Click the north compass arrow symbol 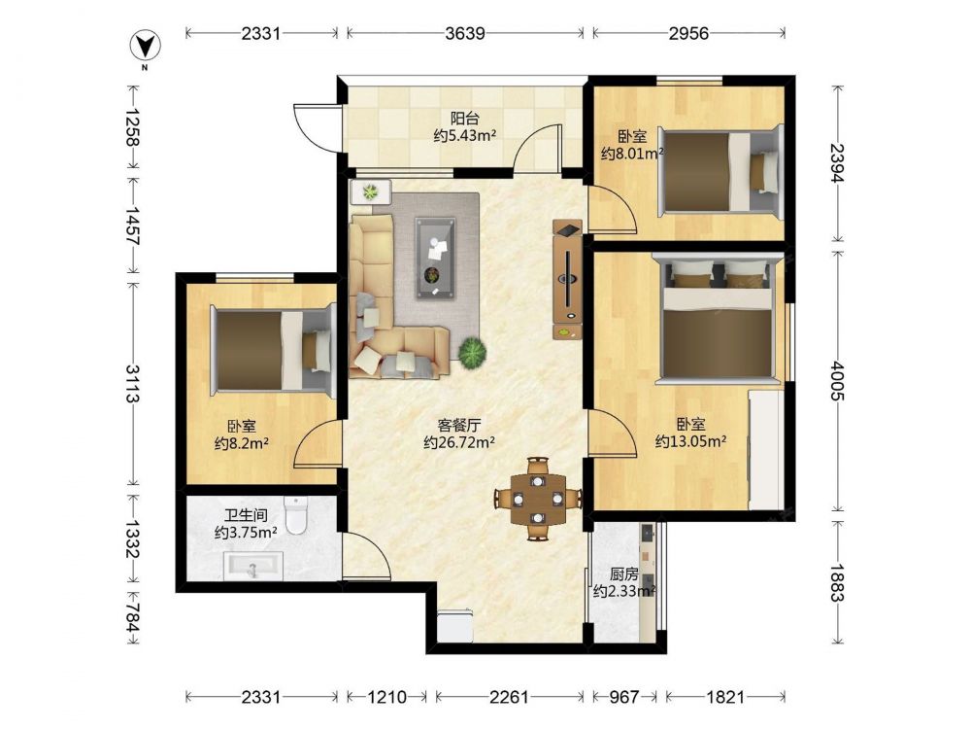tap(145, 46)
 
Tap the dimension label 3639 tap(465, 33)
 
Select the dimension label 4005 tap(838, 381)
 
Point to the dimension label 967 tap(623, 697)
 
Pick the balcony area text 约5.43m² tap(464, 135)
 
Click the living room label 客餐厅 tap(459, 426)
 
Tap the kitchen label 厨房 tap(623, 574)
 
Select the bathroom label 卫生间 tap(246, 515)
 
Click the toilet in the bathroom tap(296, 514)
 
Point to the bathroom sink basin tap(252, 567)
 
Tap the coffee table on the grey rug tap(435, 258)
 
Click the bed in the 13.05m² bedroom tap(718, 319)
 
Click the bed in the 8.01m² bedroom tap(720, 171)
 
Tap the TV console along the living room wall tap(567, 280)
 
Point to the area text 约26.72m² tap(459, 442)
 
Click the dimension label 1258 tap(132, 126)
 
